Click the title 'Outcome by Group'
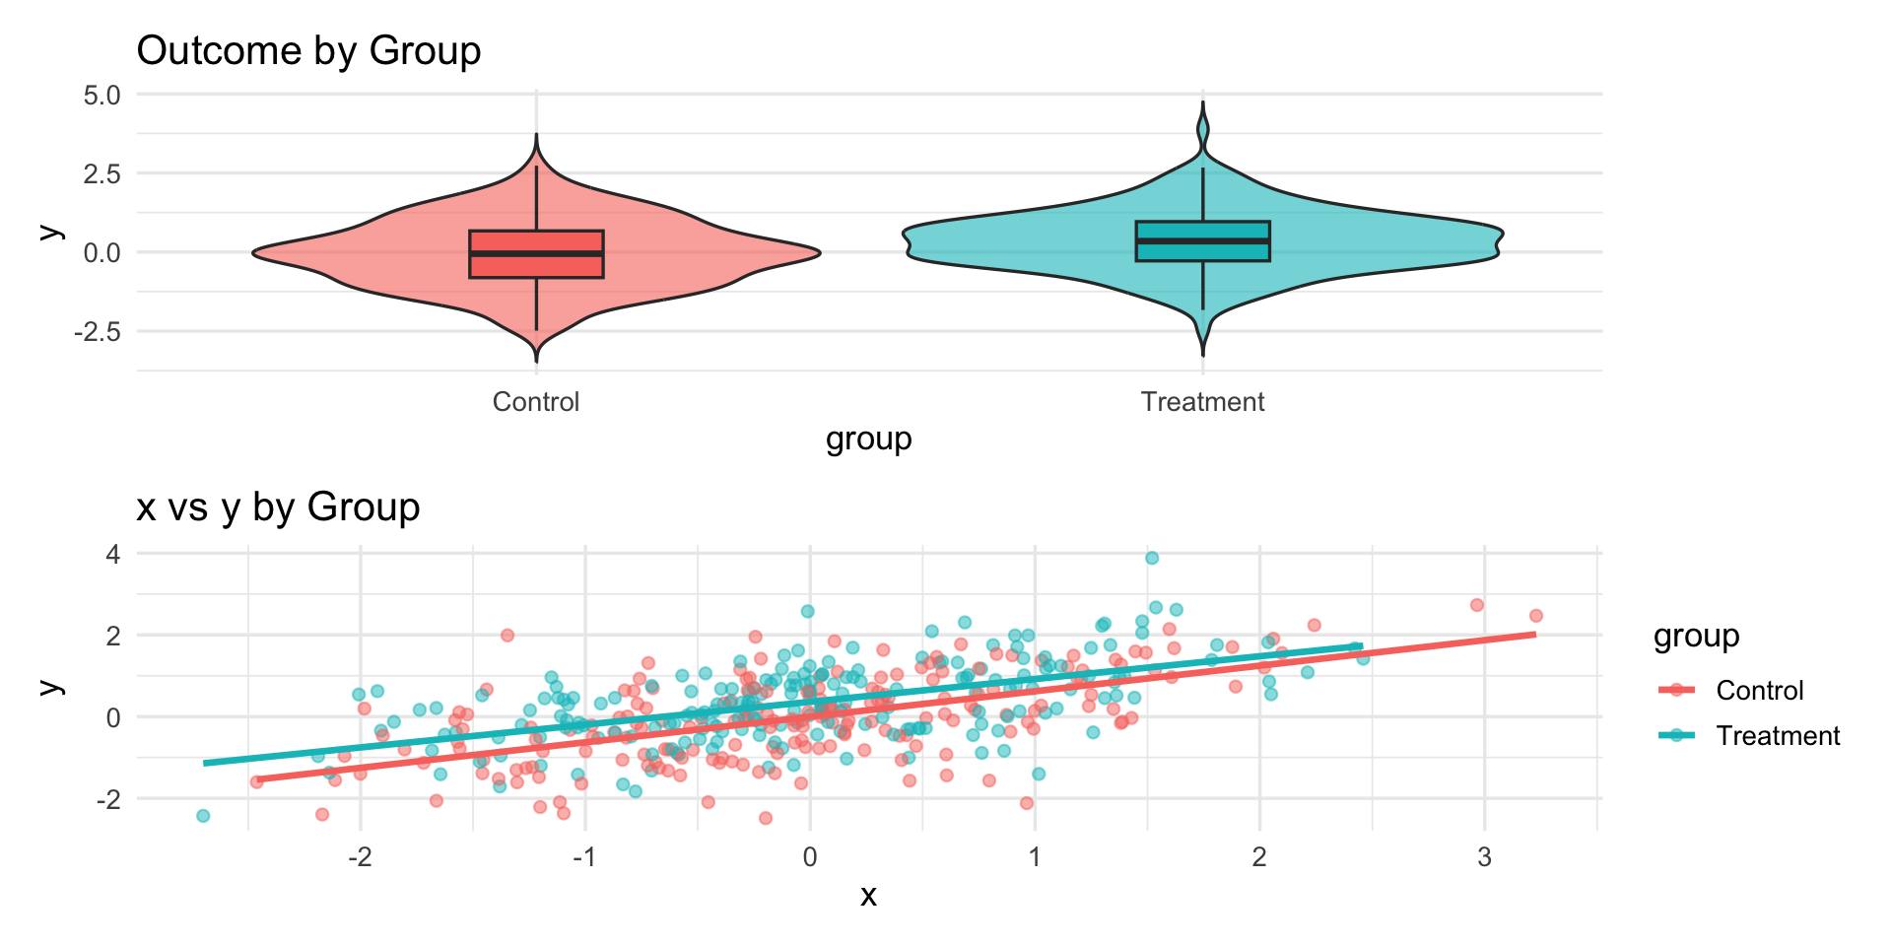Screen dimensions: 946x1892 click(308, 51)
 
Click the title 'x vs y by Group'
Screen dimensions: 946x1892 click(278, 507)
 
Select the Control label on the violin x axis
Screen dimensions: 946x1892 click(535, 402)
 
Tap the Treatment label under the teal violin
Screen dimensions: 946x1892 click(1202, 402)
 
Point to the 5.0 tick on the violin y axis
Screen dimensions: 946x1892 click(101, 96)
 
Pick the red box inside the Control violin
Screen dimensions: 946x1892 click(536, 254)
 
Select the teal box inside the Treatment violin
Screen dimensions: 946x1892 click(1202, 241)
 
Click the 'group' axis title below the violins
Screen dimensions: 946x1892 click(868, 439)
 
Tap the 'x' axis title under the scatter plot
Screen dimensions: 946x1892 click(868, 895)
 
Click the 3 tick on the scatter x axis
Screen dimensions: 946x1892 click(1484, 857)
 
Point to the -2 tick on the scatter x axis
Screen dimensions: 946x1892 click(360, 857)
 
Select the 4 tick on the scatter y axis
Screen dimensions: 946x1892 click(113, 555)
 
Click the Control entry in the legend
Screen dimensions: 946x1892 click(1759, 691)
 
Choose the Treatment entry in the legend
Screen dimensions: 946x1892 click(1778, 736)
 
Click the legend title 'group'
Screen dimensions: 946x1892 click(1696, 637)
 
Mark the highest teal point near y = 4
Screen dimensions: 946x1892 click(1152, 559)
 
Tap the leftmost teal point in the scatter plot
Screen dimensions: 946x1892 click(203, 816)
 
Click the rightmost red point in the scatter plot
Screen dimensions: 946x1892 click(1535, 616)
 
